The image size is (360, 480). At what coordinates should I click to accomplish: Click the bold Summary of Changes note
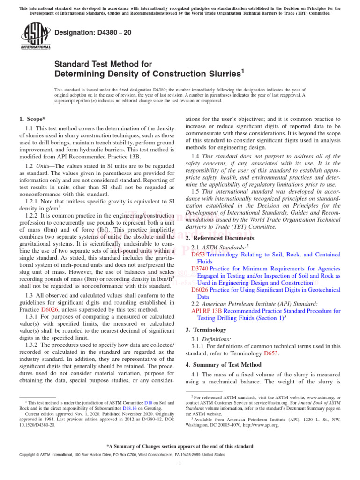(x=180, y=447)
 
